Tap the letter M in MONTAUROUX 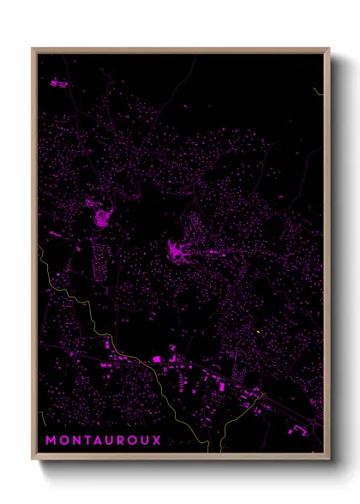click(51, 441)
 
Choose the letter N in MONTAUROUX click(71, 441)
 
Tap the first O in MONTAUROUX click(61, 441)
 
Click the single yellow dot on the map click(257, 333)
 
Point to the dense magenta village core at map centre click(179, 251)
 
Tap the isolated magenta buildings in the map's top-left click(57, 83)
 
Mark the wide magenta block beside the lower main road click(157, 357)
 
